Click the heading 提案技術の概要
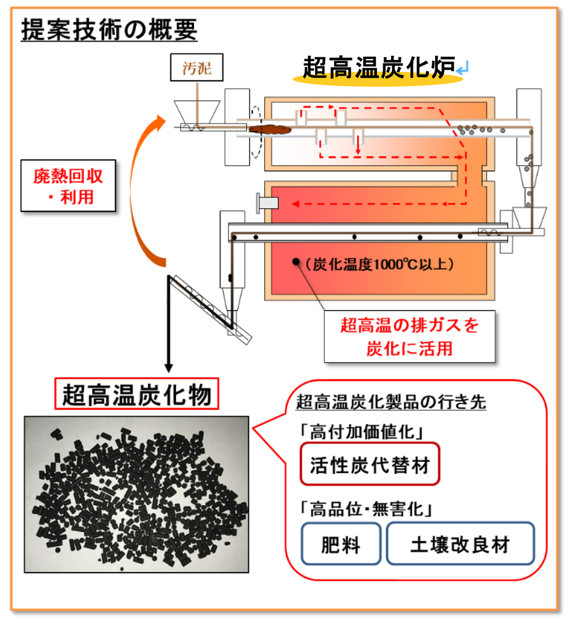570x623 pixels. click(109, 30)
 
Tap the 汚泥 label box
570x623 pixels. click(197, 67)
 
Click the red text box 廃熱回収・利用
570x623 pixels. click(68, 186)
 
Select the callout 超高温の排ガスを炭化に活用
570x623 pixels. click(409, 336)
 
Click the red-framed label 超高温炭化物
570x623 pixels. click(137, 394)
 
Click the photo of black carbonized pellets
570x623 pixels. click(136, 494)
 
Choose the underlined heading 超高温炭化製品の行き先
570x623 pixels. click(390, 402)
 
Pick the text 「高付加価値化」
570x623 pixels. click(361, 432)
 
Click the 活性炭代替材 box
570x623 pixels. click(370, 464)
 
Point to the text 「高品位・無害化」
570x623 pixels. click(366, 509)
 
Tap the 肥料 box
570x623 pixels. click(341, 544)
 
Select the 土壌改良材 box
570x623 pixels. click(460, 544)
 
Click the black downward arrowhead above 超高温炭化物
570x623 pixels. click(169, 368)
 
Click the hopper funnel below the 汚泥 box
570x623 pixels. click(197, 112)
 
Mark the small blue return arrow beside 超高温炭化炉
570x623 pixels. click(463, 69)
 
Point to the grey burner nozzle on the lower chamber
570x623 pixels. click(267, 203)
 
